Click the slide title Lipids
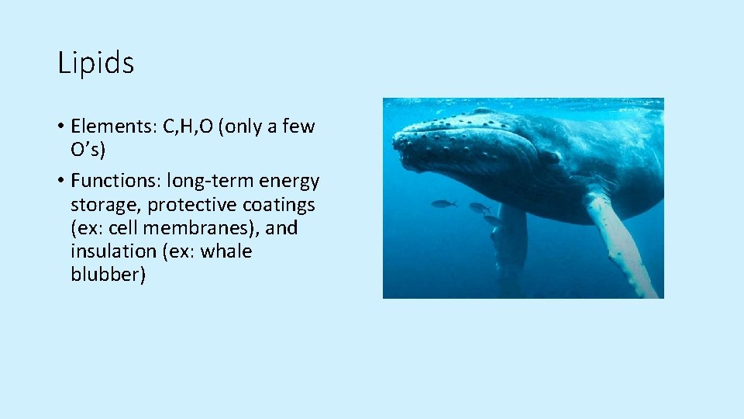pyautogui.click(x=95, y=64)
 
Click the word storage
pyautogui.click(x=104, y=205)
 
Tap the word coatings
pyautogui.click(x=277, y=205)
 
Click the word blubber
pyautogui.click(x=108, y=275)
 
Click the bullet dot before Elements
pyautogui.click(x=60, y=127)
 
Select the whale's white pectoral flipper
pyautogui.click(x=620, y=241)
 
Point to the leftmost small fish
pyautogui.click(x=443, y=203)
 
